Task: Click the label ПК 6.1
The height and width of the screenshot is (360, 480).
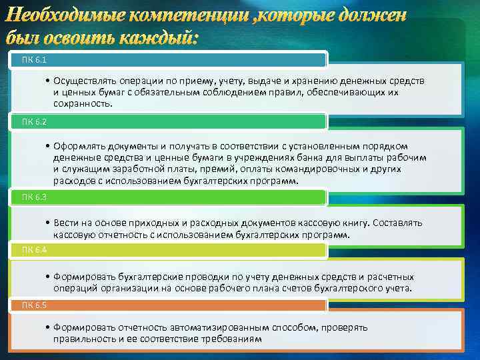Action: [33, 60]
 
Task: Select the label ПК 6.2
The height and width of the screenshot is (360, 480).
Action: [33, 121]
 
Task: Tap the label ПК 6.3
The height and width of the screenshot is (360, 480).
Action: [33, 197]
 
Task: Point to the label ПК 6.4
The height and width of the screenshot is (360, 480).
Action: [33, 249]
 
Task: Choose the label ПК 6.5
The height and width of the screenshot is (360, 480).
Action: [33, 305]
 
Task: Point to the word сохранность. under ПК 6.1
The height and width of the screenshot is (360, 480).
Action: [83, 105]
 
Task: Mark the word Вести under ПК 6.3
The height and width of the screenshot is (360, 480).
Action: [65, 223]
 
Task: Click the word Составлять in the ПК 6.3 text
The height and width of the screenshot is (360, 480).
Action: [397, 223]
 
